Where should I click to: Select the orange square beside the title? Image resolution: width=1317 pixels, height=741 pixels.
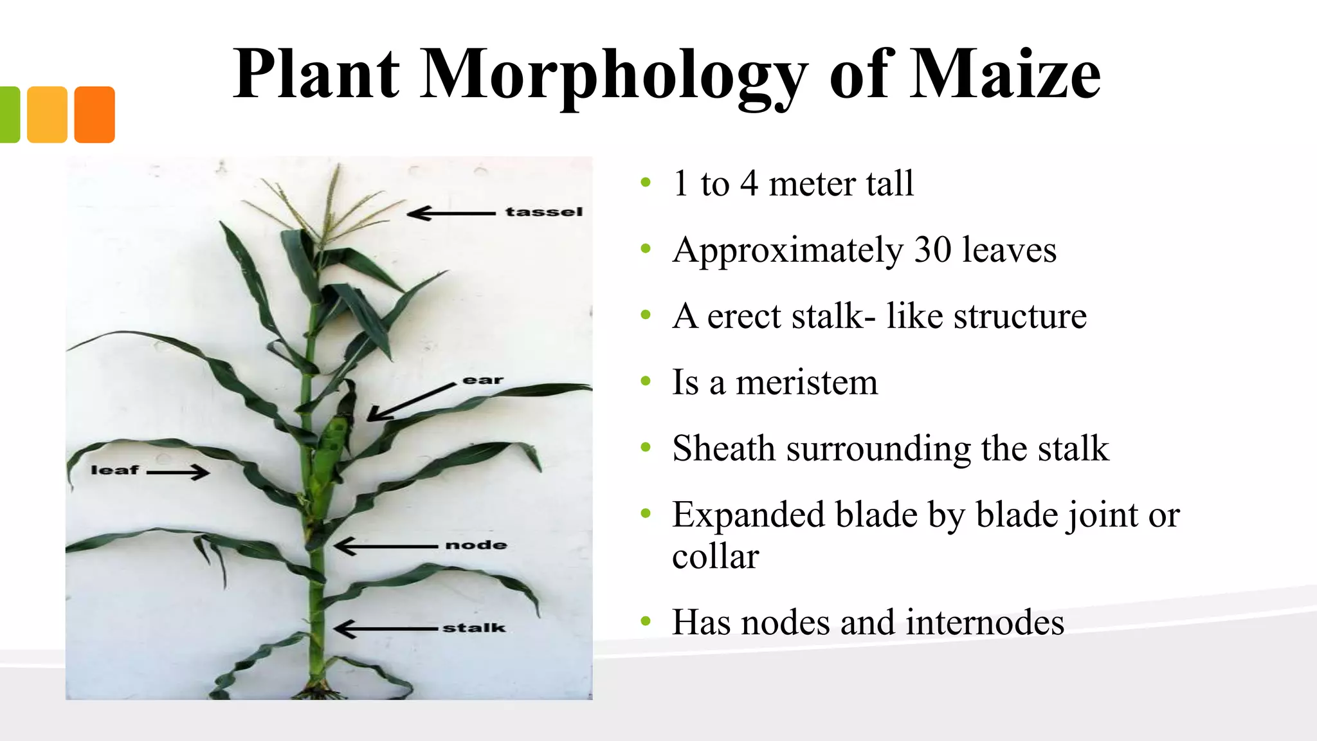coord(95,114)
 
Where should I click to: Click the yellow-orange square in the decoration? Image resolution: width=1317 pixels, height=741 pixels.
coord(47,114)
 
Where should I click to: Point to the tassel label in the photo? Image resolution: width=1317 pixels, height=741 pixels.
coord(544,212)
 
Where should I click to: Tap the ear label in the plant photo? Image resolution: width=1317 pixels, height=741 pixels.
coord(483,380)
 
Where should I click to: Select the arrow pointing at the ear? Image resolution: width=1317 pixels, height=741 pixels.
coord(412,402)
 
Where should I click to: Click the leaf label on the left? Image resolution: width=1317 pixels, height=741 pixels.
coord(114,470)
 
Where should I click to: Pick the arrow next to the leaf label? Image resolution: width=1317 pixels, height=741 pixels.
coord(177,473)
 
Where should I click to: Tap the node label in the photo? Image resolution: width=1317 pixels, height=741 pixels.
coord(476,545)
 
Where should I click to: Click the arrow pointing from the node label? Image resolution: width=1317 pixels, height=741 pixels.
coord(386,546)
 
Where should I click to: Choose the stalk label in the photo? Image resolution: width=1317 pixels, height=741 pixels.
coord(474,628)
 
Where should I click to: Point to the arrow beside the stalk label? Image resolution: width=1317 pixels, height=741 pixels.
coord(386,628)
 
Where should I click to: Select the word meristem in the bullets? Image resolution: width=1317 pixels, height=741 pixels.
coord(806,383)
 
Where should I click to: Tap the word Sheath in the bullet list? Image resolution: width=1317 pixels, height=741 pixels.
coord(723,448)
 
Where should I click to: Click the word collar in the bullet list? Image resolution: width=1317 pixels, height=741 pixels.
coord(715,556)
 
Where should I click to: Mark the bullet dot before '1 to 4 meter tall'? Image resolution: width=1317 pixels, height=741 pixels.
coord(646,183)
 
